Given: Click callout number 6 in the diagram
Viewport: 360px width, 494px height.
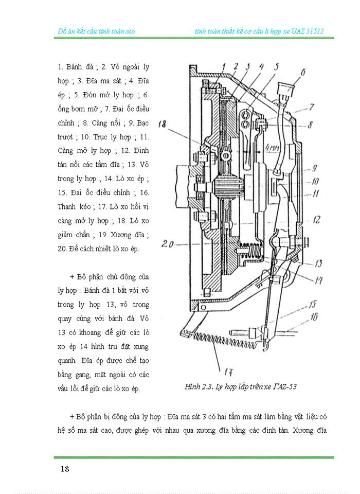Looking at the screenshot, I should coord(303,73).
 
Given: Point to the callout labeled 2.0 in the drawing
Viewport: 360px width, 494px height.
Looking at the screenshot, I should coord(168,244).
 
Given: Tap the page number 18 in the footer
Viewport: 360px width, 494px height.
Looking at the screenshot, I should coord(65,469).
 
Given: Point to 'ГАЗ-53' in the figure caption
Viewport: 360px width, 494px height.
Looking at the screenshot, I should coord(283,387).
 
